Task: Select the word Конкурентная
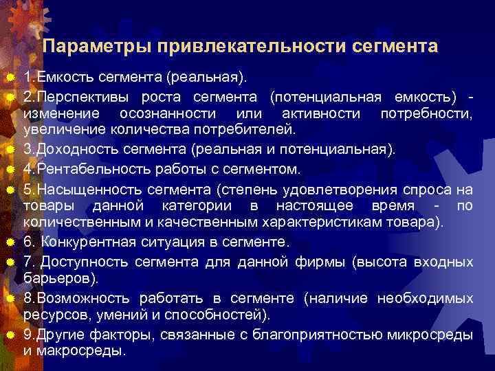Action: click(x=86, y=242)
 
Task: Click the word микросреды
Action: click(x=432, y=335)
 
